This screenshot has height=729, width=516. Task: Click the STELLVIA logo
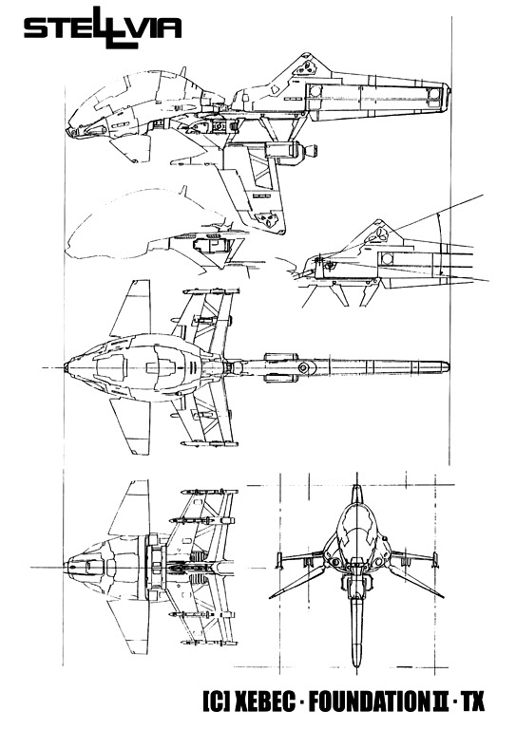[103, 28]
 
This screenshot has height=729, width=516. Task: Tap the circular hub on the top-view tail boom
[303, 368]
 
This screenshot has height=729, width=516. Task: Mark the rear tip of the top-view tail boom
[449, 367]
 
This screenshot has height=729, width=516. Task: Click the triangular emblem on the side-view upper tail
[306, 68]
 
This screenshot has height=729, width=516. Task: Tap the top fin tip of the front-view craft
[356, 487]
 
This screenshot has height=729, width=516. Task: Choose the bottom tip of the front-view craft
[356, 666]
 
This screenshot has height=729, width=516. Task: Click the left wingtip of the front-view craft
[271, 597]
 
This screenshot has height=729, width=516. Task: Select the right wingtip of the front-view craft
[442, 597]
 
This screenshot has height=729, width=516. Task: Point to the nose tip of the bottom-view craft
[68, 567]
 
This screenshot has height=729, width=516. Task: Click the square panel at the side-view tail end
[434, 94]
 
